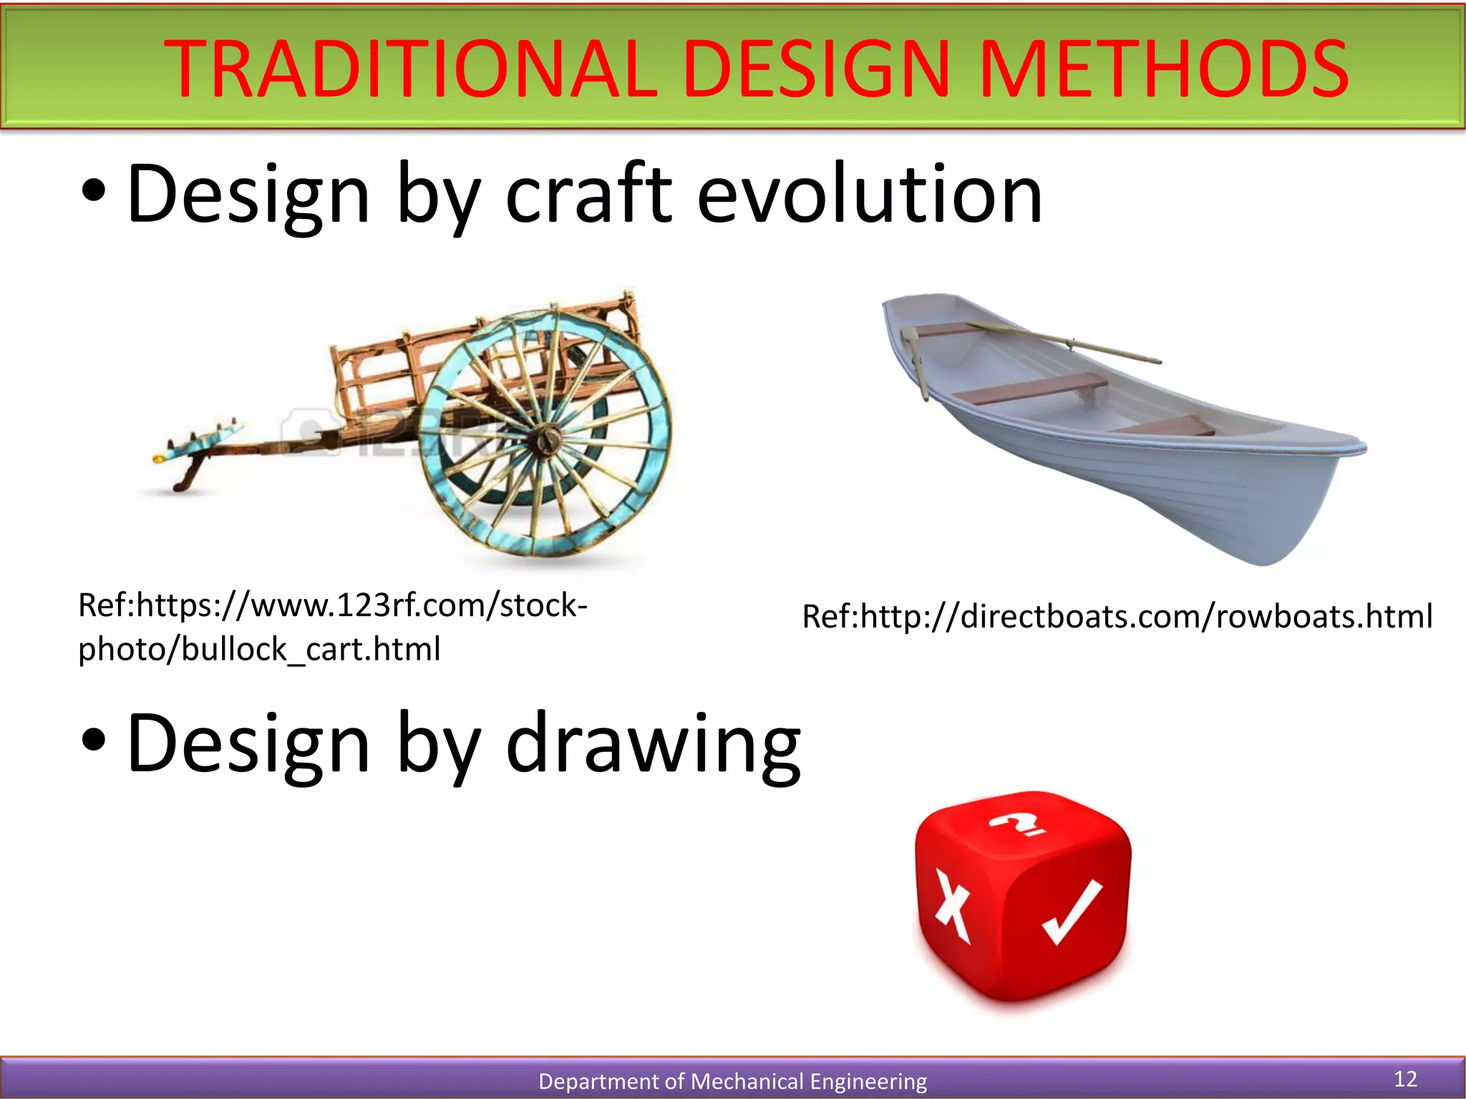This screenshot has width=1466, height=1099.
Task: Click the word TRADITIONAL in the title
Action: tap(409, 69)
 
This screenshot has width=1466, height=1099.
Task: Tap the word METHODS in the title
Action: tap(1162, 69)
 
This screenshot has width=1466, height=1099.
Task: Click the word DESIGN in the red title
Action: tap(816, 69)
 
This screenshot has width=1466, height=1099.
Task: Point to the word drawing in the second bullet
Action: tap(653, 744)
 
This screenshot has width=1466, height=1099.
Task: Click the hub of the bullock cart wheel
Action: tap(545, 438)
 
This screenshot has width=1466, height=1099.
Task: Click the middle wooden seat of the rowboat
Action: tap(1031, 389)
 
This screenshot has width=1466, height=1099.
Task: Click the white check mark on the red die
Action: tap(1072, 912)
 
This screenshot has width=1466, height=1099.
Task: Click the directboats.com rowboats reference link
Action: tap(1117, 616)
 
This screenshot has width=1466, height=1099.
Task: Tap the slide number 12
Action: tap(1405, 1079)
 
